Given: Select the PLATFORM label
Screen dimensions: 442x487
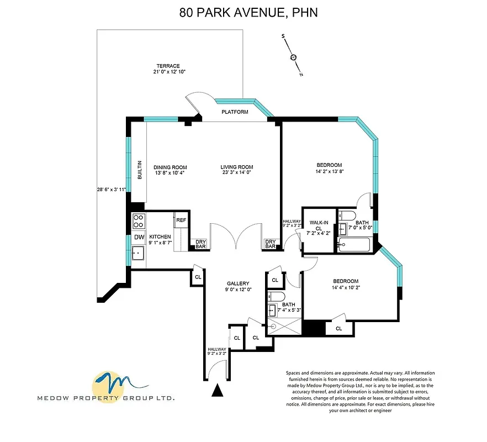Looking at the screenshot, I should [x=235, y=112].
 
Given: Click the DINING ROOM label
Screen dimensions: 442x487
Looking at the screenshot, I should [x=170, y=167].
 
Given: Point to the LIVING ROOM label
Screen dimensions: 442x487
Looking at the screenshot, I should [x=236, y=167].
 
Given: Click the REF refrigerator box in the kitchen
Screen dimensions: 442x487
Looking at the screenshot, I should [x=181, y=220].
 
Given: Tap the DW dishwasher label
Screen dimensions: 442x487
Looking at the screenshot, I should [x=139, y=238].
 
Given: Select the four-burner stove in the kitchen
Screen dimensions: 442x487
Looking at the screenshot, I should [x=139, y=221].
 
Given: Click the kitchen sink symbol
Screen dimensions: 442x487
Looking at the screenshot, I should [x=138, y=254].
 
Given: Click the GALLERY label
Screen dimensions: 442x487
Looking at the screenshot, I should [x=238, y=283].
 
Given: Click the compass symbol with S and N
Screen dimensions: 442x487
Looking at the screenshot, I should [x=293, y=57].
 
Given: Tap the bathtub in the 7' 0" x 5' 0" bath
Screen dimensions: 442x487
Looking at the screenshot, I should [x=356, y=244].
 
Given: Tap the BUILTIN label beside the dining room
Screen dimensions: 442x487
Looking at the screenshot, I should [x=139, y=170].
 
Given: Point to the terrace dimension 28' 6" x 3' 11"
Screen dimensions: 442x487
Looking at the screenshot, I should [x=111, y=190].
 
